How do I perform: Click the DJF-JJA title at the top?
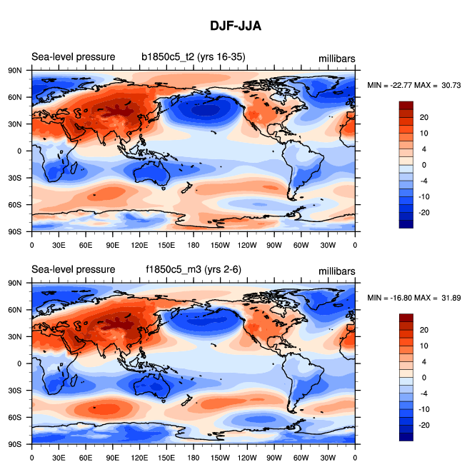tap(236, 26)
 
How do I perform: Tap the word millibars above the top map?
tap(337, 58)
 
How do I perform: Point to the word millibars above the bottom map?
tap(337, 271)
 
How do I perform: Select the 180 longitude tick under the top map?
tap(193, 244)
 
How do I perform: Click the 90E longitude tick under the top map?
tap(112, 244)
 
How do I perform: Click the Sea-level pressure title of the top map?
tap(73, 56)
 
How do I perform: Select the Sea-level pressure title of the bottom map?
tap(73, 269)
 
